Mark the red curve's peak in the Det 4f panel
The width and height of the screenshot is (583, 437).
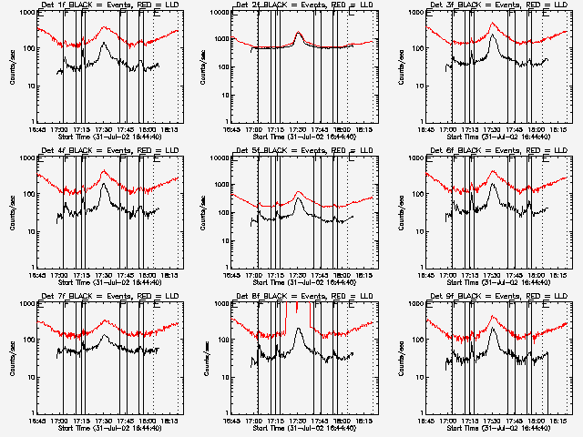click(105, 171)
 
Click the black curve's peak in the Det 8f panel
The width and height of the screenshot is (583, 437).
click(300, 329)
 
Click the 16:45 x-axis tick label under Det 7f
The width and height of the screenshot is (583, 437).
click(37, 421)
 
